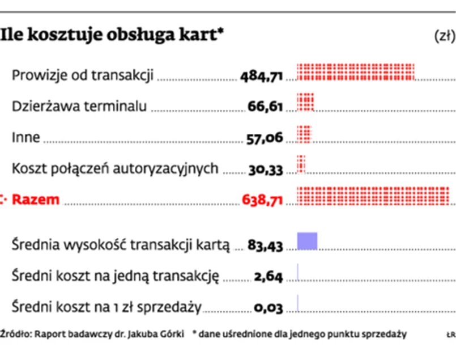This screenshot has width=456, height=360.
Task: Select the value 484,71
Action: [261, 75]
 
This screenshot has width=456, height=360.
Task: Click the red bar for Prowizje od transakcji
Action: [356, 72]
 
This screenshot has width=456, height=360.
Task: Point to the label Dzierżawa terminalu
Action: [79, 106]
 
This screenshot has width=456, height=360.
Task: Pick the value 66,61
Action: [265, 107]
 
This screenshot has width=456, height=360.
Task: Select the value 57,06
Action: [265, 138]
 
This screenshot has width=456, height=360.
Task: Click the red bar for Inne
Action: [305, 134]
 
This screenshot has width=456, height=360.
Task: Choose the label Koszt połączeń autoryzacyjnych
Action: [115, 168]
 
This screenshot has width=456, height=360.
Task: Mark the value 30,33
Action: [265, 170]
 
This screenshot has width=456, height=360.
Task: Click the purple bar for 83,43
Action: [307, 241]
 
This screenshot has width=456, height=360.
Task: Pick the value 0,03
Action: [268, 308]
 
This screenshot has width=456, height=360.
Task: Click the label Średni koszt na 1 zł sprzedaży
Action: [106, 307]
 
